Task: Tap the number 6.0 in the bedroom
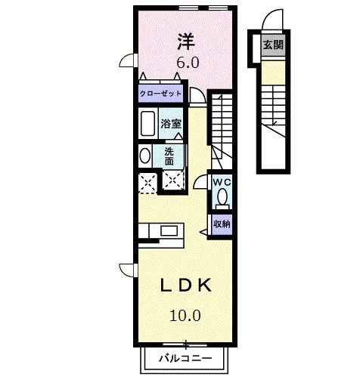point(188,63)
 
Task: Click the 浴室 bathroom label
point(170,123)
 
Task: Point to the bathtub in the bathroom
point(147,123)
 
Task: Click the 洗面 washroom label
point(169,156)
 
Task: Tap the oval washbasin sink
point(144,156)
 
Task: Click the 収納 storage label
point(221,224)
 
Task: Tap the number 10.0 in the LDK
point(185,315)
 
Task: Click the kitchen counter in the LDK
point(159,230)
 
